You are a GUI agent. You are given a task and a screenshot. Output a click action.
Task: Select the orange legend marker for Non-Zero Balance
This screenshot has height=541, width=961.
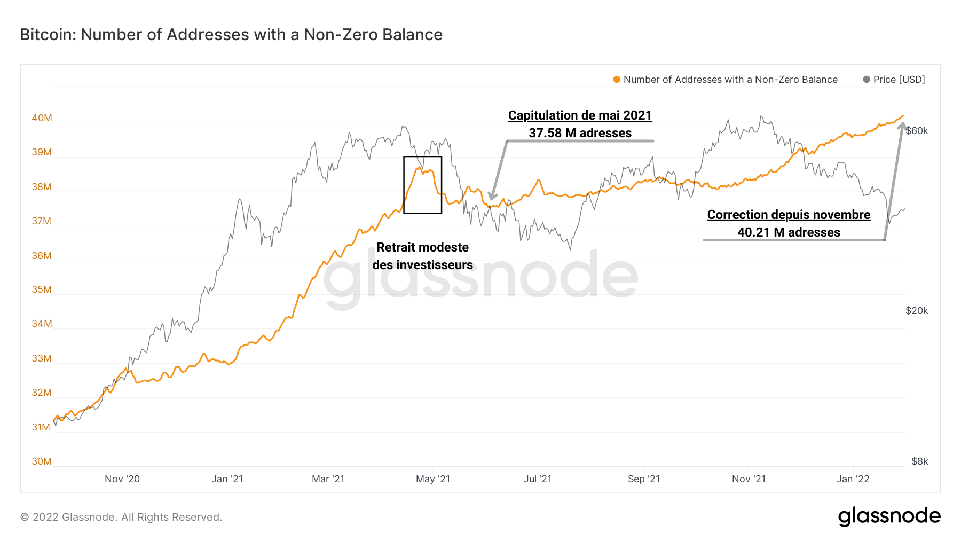point(617,80)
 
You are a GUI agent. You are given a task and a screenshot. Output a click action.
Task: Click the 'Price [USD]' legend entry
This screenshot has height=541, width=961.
point(899,80)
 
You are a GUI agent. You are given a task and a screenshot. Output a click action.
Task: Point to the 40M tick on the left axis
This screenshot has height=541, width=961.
point(42,118)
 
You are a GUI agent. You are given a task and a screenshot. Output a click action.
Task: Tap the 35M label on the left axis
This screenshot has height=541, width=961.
point(42,289)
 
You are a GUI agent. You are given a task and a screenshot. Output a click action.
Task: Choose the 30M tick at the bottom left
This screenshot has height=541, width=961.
point(42,461)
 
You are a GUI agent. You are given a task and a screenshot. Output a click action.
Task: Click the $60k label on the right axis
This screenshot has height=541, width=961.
point(917,131)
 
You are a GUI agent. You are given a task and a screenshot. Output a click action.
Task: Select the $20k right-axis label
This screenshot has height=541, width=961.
point(917,311)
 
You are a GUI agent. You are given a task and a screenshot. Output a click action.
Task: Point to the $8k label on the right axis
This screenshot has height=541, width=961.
point(919,461)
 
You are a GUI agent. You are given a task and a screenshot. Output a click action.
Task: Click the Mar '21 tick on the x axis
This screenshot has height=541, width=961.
point(328,479)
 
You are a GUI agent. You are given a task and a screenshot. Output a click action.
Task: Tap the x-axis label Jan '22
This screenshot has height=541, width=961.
point(853,479)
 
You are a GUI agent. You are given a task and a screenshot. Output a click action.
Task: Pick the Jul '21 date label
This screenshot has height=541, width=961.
point(537,479)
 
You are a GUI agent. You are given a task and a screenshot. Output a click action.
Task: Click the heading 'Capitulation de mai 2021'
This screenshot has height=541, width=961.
point(580,115)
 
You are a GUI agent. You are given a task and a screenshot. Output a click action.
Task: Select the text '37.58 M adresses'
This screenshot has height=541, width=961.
point(580,133)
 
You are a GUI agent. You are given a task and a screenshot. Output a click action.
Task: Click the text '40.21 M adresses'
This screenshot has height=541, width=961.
point(789,232)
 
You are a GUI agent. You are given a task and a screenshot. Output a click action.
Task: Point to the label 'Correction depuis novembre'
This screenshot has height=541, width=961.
point(789,215)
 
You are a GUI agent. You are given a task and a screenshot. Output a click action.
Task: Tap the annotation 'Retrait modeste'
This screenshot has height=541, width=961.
point(422,247)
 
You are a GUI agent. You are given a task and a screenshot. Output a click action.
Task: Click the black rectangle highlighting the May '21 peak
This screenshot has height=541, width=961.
point(422,157)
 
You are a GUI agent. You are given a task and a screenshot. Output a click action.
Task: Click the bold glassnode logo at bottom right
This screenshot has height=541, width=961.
point(889,516)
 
